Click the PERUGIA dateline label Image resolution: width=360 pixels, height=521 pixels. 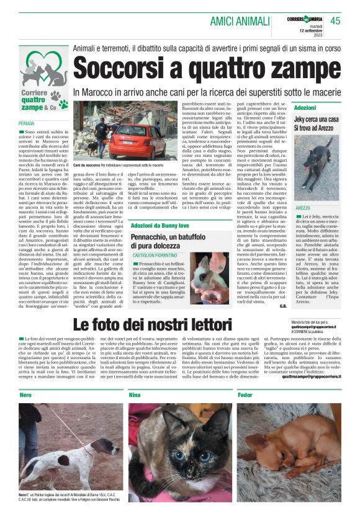coord(27,124)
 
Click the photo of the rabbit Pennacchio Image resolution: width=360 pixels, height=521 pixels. coord(209,277)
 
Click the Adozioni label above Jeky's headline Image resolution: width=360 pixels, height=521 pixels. coord(305,108)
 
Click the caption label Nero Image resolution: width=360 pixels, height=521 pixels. coord(25,395)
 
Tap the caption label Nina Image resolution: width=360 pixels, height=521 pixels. coord(135,395)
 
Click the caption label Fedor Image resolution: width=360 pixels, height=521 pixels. coord(245,395)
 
